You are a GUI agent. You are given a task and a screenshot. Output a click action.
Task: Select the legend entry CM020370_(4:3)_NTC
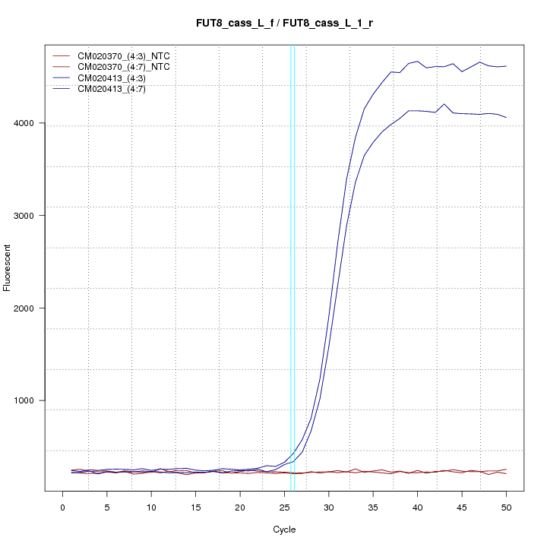click(x=128, y=56)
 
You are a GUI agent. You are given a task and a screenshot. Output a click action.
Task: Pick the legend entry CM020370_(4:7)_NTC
click(x=128, y=67)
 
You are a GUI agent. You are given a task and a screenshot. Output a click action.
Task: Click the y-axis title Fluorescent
click(x=8, y=267)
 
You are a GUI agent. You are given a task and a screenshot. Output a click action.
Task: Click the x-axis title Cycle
click(x=284, y=530)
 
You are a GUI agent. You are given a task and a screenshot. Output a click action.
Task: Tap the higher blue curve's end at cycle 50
click(x=506, y=66)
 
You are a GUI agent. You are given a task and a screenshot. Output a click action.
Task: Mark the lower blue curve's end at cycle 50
click(x=506, y=118)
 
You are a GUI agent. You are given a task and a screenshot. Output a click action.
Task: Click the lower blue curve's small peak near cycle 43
click(x=444, y=104)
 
